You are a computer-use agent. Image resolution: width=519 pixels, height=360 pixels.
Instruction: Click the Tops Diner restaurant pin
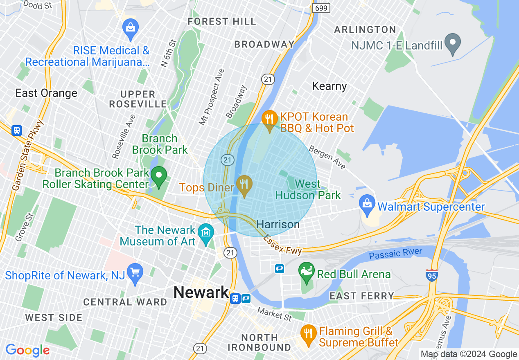[244, 184]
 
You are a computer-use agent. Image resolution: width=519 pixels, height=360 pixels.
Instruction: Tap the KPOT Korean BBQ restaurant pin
[269, 119]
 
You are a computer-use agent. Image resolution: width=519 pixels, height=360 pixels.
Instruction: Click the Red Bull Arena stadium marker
[307, 271]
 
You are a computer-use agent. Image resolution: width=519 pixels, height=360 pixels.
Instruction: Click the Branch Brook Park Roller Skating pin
[159, 176]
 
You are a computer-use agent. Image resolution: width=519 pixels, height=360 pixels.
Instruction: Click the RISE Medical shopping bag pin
[131, 28]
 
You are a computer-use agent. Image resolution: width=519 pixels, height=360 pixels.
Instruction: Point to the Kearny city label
[329, 86]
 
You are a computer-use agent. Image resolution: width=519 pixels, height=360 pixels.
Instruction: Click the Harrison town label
[278, 225]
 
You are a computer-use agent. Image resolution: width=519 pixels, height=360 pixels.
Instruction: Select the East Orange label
[46, 93]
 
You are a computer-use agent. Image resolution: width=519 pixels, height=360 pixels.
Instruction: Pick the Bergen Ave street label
[327, 157]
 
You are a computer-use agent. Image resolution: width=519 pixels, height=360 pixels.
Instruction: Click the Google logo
[27, 350]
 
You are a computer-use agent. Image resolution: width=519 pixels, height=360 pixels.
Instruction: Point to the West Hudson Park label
[308, 189]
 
